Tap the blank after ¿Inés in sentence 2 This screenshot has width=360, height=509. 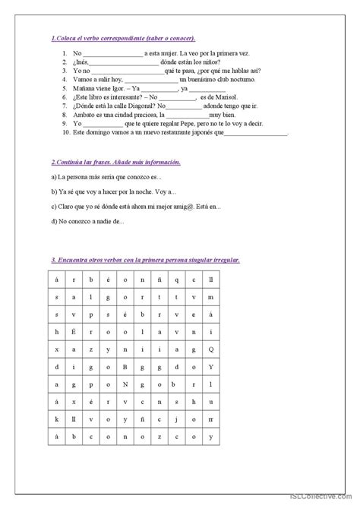click(x=118, y=63)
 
